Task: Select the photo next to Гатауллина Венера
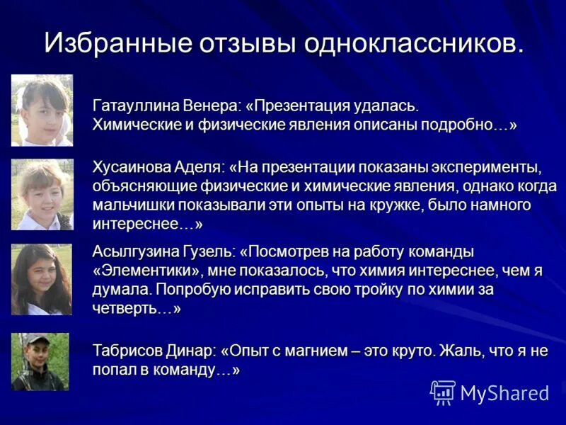42,110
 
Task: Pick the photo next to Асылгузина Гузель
42,279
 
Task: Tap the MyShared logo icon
443,392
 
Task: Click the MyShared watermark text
504,392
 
